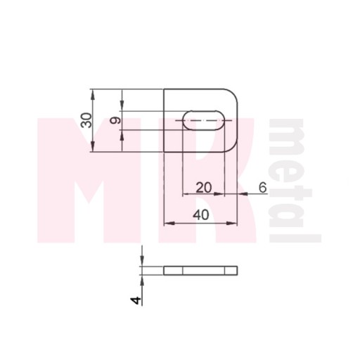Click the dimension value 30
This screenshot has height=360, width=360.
86,120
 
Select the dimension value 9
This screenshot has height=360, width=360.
115,120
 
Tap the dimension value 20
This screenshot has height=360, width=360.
204,188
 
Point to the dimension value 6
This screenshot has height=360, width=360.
263,188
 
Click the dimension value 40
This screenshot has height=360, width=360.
201,215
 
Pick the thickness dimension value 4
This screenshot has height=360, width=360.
136,300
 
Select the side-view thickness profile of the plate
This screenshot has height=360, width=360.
200,271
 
